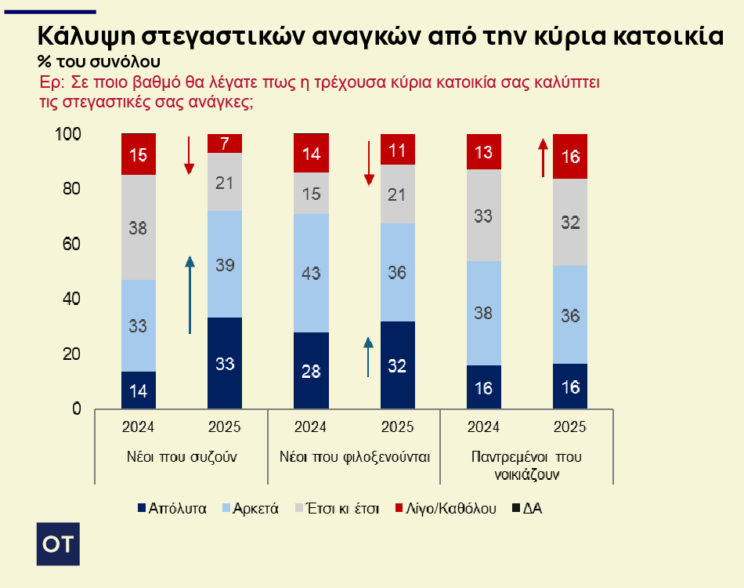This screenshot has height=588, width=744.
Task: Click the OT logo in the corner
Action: (58, 542)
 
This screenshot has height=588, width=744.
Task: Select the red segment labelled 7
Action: (225, 143)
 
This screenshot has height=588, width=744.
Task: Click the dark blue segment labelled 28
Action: (311, 371)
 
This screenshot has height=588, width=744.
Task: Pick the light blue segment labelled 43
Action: (311, 273)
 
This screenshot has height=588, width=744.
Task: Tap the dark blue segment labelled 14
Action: (138, 390)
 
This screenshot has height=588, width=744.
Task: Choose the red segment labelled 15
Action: (138, 154)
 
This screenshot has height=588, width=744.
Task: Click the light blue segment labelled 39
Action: (225, 264)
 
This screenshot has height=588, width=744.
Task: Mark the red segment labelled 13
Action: (483, 152)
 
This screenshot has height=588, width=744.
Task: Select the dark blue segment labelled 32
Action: (397, 365)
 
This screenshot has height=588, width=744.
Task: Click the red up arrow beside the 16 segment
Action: (541, 157)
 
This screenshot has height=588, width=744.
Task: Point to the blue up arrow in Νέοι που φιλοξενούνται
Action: (368, 357)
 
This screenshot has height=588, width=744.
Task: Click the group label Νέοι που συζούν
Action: (181, 456)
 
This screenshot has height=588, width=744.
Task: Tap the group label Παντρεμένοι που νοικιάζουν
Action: (526, 464)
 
